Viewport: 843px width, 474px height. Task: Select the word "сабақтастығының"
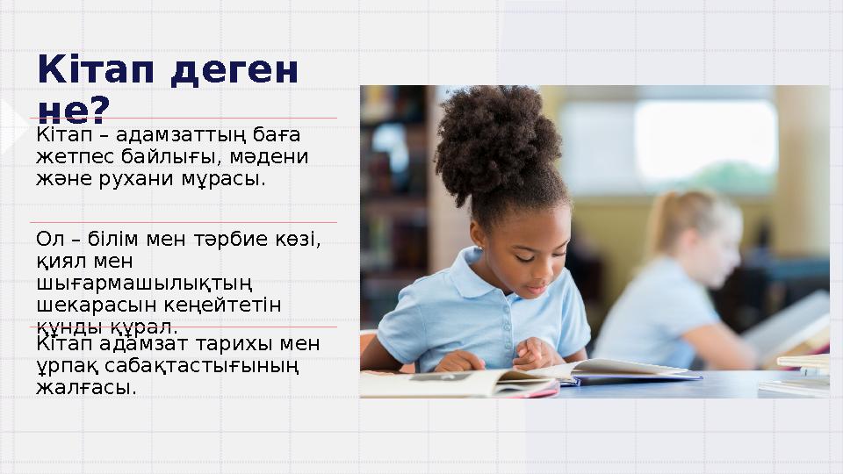[203, 364]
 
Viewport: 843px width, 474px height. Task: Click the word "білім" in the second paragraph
[116, 239]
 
